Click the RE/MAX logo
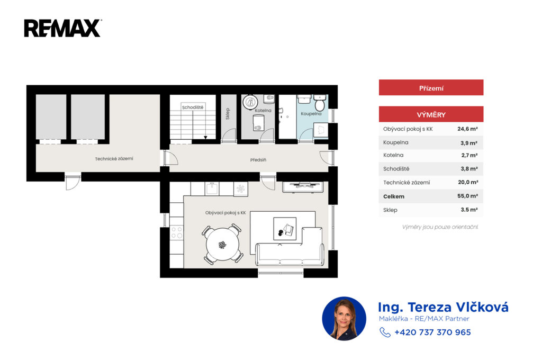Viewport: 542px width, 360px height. pyautogui.click(x=62, y=28)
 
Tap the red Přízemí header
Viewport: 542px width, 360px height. pyautogui.click(x=431, y=87)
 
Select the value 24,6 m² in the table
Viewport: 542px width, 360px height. pyautogui.click(x=467, y=129)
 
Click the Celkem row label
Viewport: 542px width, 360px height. pyautogui.click(x=394, y=196)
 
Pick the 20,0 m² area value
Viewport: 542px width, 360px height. pyautogui.click(x=468, y=182)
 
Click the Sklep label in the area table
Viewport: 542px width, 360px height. pyautogui.click(x=390, y=210)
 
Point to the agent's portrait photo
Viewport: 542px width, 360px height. pyautogui.click(x=344, y=319)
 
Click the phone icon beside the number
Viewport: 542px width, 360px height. pyautogui.click(x=385, y=332)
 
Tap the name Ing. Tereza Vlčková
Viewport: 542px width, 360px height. pyautogui.click(x=443, y=307)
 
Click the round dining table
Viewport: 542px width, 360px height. pyautogui.click(x=223, y=244)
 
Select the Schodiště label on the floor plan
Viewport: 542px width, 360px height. pyautogui.click(x=193, y=107)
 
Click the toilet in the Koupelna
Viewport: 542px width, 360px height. pyautogui.click(x=320, y=102)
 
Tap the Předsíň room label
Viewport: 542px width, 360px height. pyautogui.click(x=258, y=160)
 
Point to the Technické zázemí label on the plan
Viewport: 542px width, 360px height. pyautogui.click(x=114, y=159)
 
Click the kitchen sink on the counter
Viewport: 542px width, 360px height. pyautogui.click(x=212, y=189)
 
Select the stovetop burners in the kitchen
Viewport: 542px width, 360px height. pyautogui.click(x=177, y=232)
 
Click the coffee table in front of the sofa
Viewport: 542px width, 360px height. pyautogui.click(x=285, y=229)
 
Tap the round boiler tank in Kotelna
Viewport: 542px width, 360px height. pyautogui.click(x=250, y=102)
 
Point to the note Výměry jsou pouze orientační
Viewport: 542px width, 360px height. pyautogui.click(x=440, y=227)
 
